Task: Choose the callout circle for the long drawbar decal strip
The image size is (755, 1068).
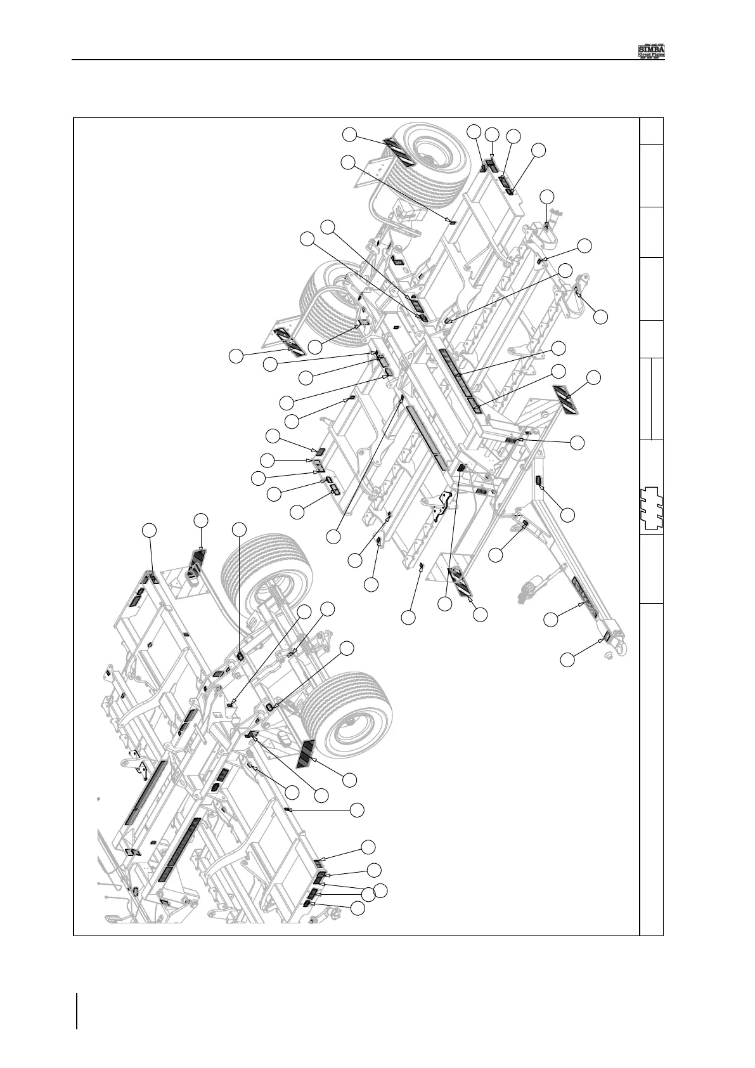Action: [552, 618]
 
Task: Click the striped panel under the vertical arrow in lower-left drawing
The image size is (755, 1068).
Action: [198, 563]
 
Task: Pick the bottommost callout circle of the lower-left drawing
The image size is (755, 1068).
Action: [358, 908]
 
